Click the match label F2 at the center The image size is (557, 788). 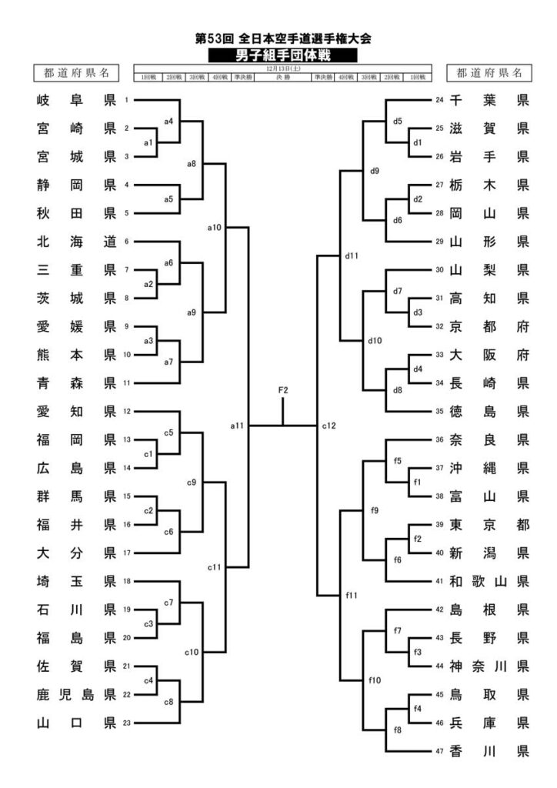283,391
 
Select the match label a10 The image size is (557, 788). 215,227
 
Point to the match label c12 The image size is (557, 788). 330,425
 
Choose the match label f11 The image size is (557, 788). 353,594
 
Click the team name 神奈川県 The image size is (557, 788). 489,665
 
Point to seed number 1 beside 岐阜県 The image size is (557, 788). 126,100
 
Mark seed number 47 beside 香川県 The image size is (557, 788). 439,750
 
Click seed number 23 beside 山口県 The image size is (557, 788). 126,722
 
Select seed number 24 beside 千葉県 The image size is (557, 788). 439,100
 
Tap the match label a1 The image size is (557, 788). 149,143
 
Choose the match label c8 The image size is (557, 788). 168,701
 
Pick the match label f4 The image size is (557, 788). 418,707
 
